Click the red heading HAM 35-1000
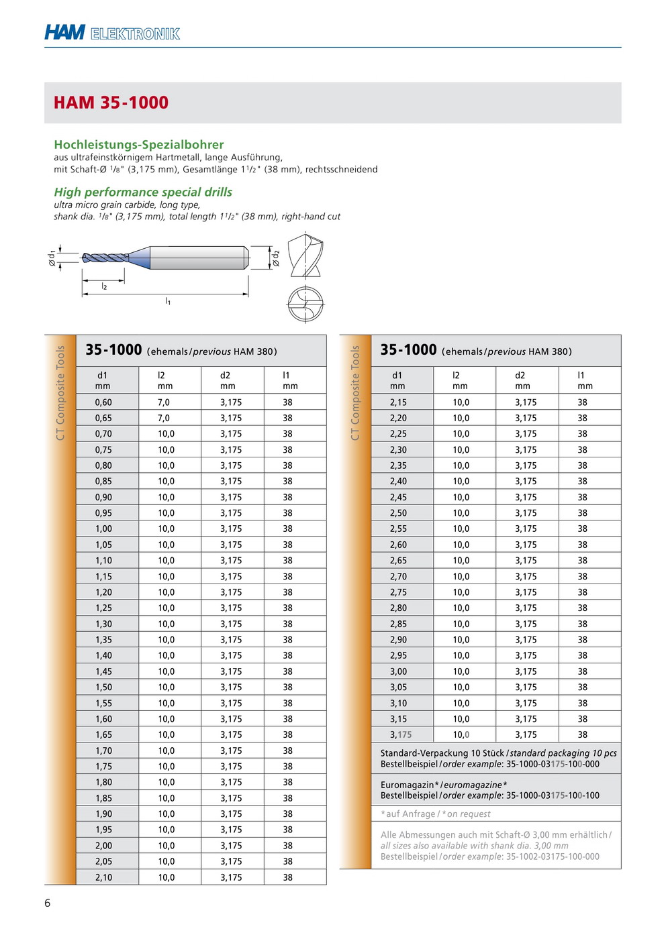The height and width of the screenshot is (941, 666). [x=111, y=103]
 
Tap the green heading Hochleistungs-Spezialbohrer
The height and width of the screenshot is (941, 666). [x=139, y=144]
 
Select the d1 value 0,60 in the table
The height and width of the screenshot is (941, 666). [x=103, y=402]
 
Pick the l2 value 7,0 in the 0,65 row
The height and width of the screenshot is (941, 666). [x=164, y=418]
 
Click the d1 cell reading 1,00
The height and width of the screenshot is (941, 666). [x=103, y=529]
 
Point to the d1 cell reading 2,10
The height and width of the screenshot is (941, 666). [x=103, y=877]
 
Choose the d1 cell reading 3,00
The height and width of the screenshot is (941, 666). [x=398, y=671]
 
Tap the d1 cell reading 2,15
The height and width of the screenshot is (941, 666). [x=398, y=402]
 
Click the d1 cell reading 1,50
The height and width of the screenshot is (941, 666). [x=103, y=687]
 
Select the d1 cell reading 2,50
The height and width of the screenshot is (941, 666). [x=398, y=513]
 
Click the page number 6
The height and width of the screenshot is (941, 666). [x=47, y=903]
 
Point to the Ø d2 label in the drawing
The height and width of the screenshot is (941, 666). [x=275, y=258]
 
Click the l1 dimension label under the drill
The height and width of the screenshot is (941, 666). [x=168, y=302]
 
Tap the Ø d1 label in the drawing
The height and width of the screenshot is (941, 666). [x=52, y=258]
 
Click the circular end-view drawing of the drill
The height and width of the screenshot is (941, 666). [x=305, y=304]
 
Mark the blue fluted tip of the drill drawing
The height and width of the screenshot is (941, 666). [x=105, y=258]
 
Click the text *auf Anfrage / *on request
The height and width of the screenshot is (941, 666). [x=436, y=814]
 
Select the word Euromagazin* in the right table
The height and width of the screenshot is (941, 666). [x=410, y=785]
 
